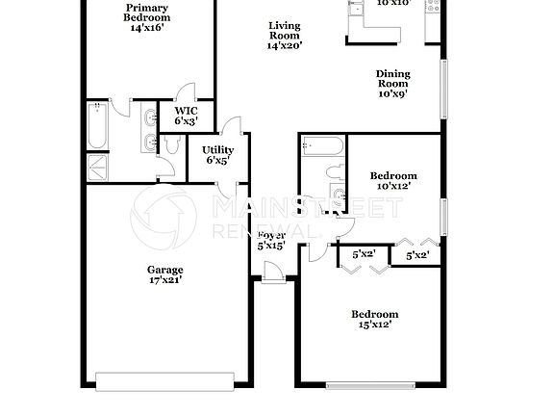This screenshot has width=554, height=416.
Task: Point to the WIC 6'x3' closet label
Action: [x=186, y=117]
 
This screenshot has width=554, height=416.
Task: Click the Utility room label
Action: [x=218, y=155]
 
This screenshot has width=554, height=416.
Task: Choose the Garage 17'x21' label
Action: [x=165, y=274]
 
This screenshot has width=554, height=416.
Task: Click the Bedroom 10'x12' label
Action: [x=393, y=181]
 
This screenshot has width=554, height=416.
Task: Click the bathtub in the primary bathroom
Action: [x=96, y=126]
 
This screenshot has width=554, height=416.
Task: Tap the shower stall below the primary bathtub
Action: [x=98, y=166]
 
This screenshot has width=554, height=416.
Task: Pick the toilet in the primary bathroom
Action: [x=171, y=144]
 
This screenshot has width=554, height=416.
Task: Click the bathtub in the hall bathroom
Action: [x=322, y=147]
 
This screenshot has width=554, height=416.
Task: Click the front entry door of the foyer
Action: [x=272, y=276]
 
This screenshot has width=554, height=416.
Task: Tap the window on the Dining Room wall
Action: [x=443, y=90]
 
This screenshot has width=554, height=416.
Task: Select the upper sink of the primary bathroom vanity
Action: [x=148, y=119]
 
